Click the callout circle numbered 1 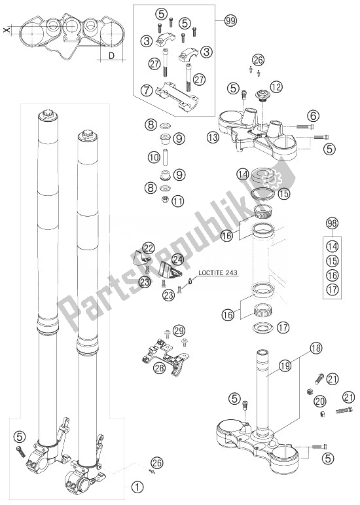click(x=137, y=487)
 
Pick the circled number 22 click(x=149, y=248)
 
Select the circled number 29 click(x=179, y=332)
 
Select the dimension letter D click(x=112, y=56)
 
